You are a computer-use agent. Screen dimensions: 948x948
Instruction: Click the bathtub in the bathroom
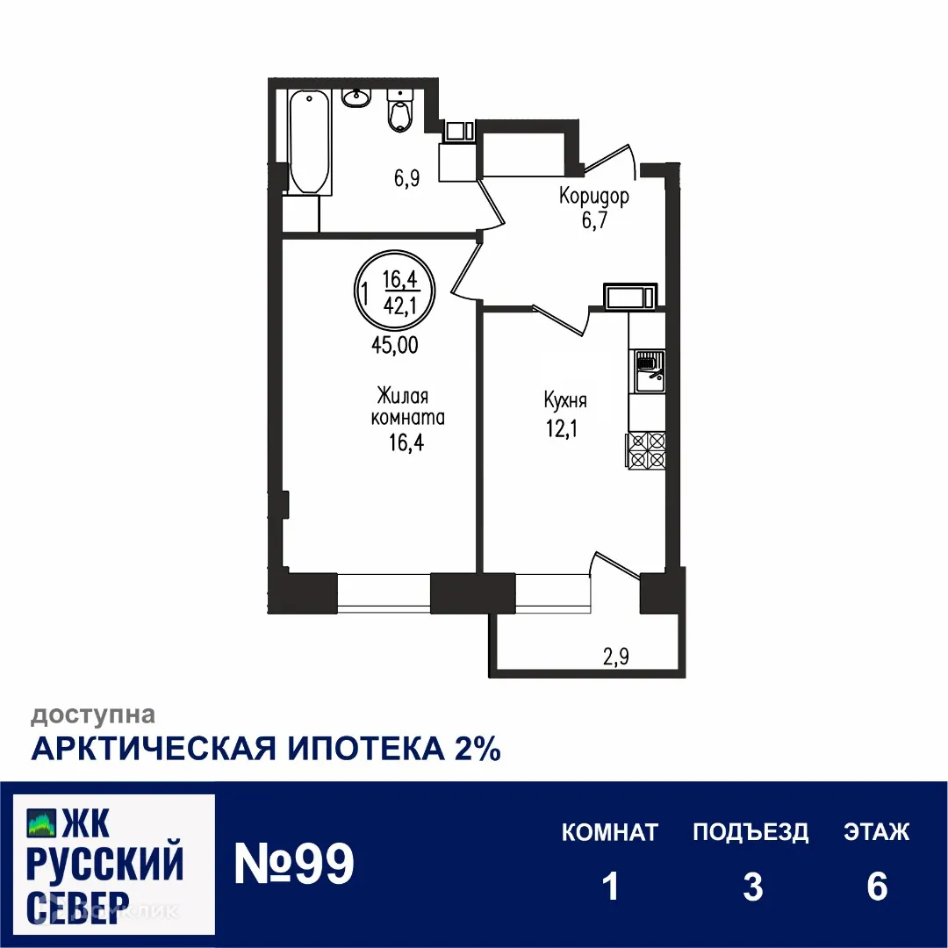309,141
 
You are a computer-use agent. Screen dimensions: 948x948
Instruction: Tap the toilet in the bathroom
399,111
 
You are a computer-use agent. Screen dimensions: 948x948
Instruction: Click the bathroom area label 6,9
406,180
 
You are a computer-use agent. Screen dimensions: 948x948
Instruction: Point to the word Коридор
594,197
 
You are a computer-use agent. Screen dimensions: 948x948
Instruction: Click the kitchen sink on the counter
648,370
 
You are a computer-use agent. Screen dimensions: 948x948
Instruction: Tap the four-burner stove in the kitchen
646,451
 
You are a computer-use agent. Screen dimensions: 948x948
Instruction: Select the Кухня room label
565,401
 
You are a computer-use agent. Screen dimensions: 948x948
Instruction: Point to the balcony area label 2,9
614,655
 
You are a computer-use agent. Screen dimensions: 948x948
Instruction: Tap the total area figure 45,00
394,345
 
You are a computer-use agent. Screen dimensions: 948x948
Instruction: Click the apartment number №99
294,865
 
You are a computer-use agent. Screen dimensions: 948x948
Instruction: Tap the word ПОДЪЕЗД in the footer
750,831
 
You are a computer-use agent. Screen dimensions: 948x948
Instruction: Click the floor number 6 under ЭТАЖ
877,887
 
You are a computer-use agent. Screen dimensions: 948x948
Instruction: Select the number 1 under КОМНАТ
611,887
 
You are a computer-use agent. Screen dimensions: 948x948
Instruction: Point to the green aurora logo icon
41,822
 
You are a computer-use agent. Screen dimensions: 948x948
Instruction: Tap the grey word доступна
94,715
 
